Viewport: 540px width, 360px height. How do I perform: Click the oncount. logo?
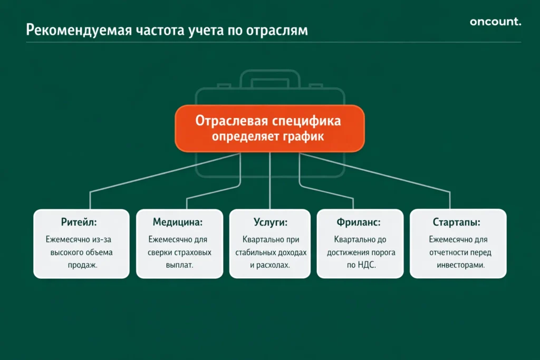coord(495,22)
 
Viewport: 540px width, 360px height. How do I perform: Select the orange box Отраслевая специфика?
coord(269,128)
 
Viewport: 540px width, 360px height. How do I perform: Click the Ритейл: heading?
coord(81,222)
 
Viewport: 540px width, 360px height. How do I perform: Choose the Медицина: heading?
coord(178,222)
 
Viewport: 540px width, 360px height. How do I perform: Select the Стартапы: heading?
coord(457,222)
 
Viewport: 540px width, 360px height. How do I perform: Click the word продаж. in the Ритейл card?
coord(81,265)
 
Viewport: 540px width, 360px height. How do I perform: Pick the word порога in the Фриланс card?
coord(383,252)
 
